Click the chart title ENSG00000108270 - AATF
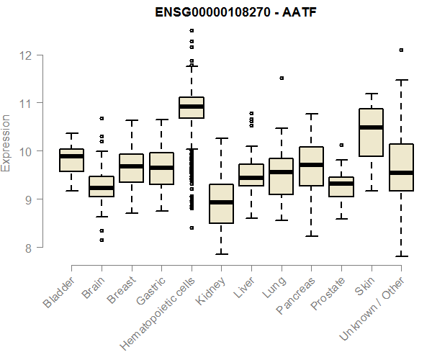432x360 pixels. click(x=237, y=12)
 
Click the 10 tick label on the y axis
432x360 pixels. click(x=23, y=151)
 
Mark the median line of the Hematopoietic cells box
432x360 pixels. click(x=191, y=107)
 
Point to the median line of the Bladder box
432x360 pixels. click(x=71, y=156)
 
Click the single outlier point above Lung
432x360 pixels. click(x=282, y=78)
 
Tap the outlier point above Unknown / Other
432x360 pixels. click(x=401, y=50)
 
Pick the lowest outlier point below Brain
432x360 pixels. click(x=102, y=240)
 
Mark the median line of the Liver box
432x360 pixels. click(x=251, y=178)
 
